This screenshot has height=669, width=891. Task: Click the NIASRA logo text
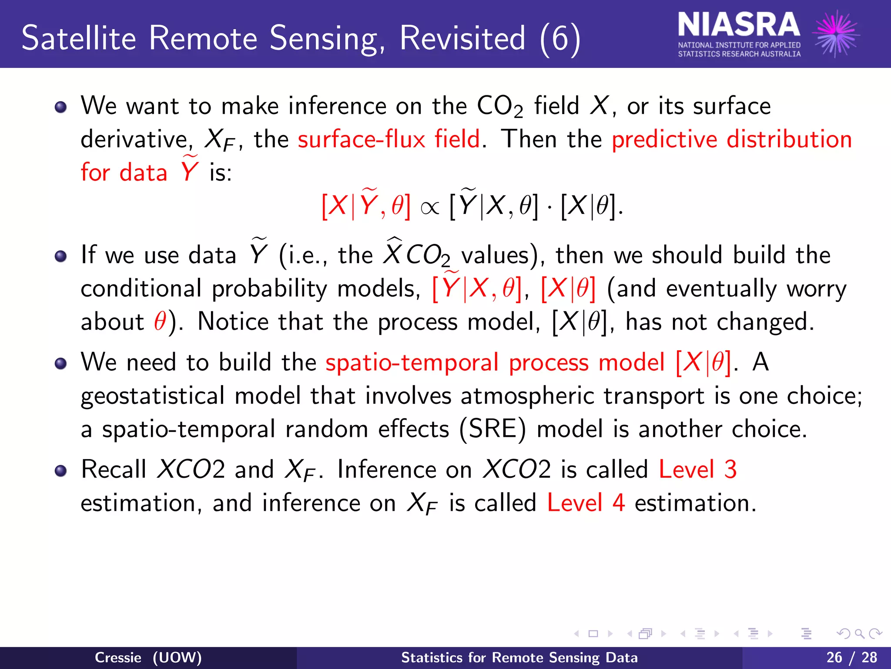[x=738, y=25]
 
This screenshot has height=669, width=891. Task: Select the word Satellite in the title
[x=79, y=38]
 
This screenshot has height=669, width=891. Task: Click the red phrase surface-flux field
[x=389, y=139]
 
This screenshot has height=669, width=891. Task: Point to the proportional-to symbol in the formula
[x=429, y=208]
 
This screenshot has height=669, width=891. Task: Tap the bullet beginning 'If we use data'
[x=61, y=256]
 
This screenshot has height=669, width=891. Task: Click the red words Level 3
[x=697, y=470]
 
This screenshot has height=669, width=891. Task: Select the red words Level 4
[x=586, y=503]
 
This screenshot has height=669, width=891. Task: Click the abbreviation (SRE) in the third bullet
[x=492, y=429]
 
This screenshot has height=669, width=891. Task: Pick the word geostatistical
[x=152, y=396]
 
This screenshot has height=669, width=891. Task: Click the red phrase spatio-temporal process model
[x=495, y=362]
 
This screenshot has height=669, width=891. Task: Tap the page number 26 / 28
[x=851, y=657]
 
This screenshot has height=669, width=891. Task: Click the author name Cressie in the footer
[x=118, y=657]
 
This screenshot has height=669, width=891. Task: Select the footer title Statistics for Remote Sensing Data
[x=519, y=657]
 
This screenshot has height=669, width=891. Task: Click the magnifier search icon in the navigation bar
[x=859, y=634]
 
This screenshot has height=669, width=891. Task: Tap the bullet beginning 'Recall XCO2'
[x=61, y=471]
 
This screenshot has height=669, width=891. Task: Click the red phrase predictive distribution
[x=731, y=139]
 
